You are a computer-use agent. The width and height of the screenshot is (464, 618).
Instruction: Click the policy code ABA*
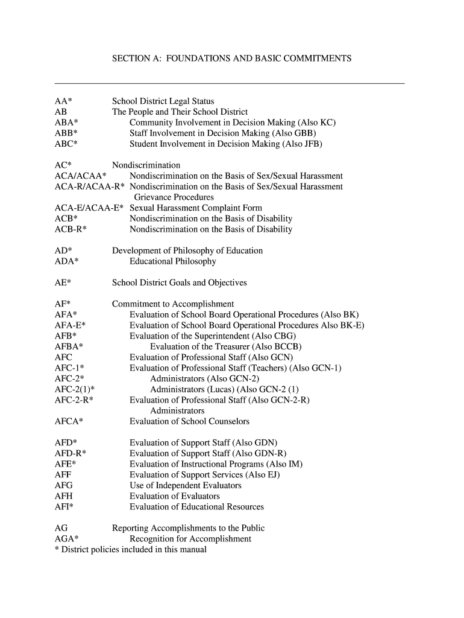66,123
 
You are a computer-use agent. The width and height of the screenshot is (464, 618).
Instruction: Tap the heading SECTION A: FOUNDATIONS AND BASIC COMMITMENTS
232,59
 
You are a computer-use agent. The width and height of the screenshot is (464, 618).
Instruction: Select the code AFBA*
69,346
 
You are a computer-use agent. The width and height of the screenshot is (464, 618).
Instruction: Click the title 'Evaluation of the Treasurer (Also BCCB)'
225,346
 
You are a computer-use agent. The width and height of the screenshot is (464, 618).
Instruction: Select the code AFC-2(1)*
74,389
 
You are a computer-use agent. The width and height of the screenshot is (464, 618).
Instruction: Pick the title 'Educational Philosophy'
172,261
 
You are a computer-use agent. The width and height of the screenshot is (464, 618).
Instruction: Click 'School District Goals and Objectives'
179,282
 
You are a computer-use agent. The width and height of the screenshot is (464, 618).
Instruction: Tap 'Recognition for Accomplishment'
190,539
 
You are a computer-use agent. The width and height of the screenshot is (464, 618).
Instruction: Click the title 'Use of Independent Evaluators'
185,485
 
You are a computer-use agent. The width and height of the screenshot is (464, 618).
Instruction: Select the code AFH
64,496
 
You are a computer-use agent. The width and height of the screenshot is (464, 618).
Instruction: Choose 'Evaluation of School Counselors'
189,421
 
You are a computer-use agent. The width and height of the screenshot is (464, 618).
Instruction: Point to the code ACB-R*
71,229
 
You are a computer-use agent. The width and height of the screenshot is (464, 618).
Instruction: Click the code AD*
63,250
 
